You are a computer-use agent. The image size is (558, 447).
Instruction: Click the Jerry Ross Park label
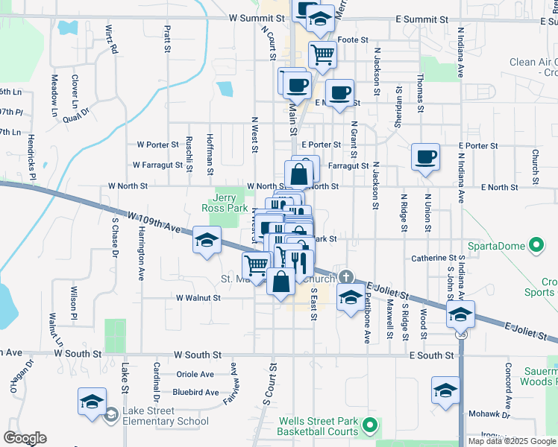point(225,203)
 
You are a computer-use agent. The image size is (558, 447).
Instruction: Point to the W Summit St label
point(257,16)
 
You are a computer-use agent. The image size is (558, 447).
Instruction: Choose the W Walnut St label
point(198,297)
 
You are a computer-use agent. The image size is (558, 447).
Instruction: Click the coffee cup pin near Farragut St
point(425,157)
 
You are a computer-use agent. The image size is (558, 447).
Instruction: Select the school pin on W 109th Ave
point(207,239)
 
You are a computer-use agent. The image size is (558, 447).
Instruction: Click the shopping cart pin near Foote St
point(322,54)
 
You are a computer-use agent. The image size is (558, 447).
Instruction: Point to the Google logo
point(25,438)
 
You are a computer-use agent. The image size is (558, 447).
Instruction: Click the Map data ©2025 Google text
point(511,441)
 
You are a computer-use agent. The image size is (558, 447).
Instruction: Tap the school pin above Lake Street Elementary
point(92,401)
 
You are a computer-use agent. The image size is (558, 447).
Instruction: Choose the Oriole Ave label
point(195,375)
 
